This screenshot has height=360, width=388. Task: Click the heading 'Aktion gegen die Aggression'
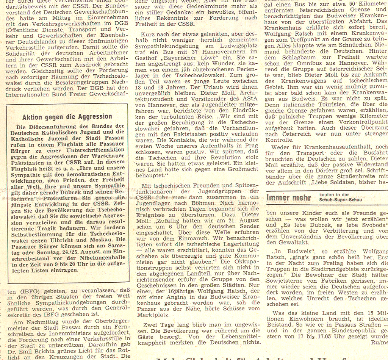[x=67, y=117]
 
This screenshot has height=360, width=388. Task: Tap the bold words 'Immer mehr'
[x=289, y=197]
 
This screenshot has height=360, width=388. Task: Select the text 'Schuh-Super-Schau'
[x=341, y=200]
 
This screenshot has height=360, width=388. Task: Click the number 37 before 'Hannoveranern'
[x=194, y=52]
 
